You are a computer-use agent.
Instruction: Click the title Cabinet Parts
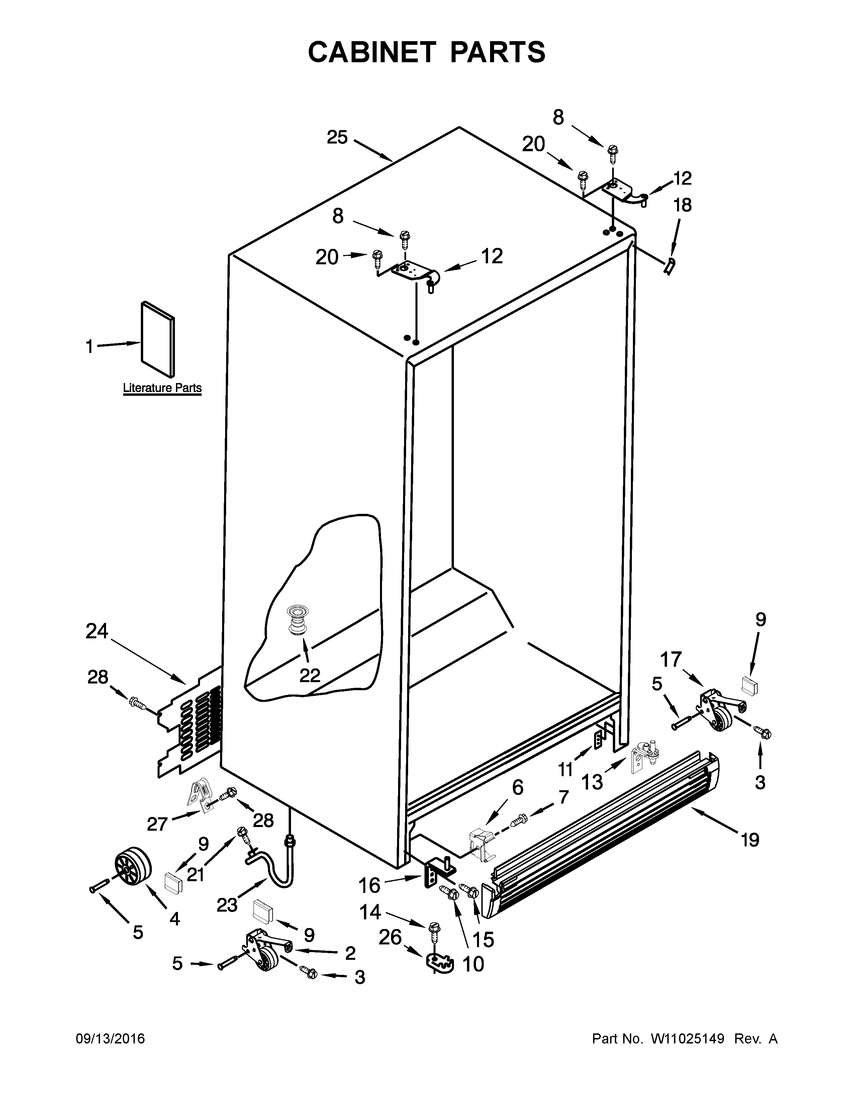[x=426, y=52]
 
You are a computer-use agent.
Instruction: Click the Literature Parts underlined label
[x=162, y=388]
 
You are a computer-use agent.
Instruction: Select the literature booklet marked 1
[x=158, y=340]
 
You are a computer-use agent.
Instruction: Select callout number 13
[x=592, y=782]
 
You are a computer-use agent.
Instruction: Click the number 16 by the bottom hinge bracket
[x=369, y=886]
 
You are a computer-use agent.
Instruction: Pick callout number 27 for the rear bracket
[x=157, y=824]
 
